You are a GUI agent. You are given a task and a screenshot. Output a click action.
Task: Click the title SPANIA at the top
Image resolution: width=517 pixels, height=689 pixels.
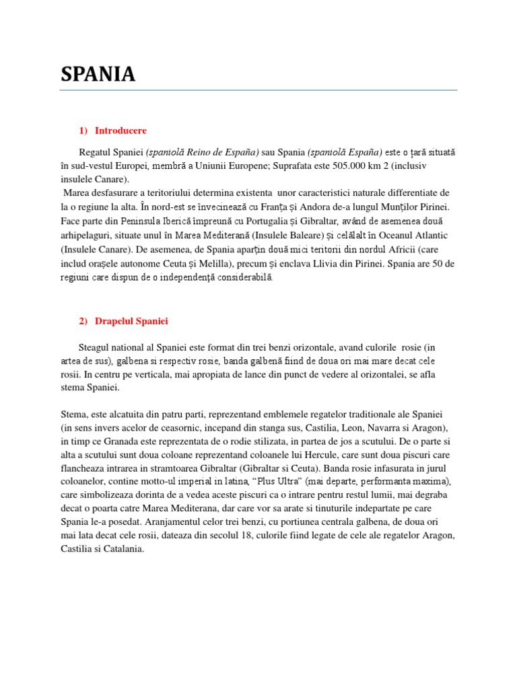coord(98,74)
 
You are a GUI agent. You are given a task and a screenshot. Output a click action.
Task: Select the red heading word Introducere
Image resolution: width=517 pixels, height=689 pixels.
coord(120,131)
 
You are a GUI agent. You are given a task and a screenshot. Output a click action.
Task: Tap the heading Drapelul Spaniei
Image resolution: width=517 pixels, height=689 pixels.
coord(131,322)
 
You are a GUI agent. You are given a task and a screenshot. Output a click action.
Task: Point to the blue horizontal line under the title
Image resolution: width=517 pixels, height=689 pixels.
coord(258,90)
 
